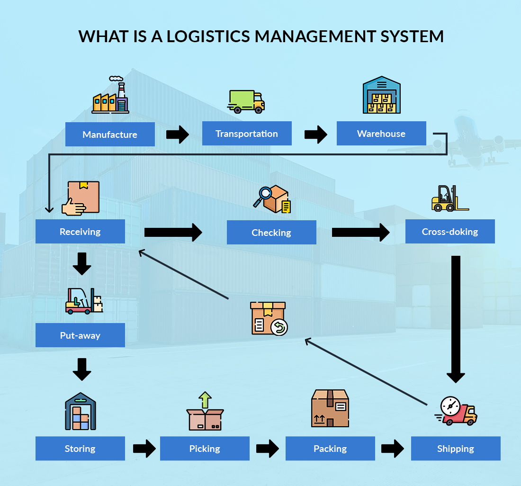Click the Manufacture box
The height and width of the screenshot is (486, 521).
[x=110, y=135]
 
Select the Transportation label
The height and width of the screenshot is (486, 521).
[x=247, y=134]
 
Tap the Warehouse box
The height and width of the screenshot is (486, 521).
[x=381, y=134]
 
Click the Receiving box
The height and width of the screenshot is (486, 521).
[x=80, y=232]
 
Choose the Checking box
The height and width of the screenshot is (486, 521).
[x=271, y=233]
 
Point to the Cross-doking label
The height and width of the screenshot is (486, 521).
[x=450, y=232]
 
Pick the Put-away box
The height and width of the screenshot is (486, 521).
[x=80, y=335]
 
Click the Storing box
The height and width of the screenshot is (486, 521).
[x=80, y=449]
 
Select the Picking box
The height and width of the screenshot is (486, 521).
[x=205, y=449]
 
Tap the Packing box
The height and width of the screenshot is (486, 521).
[x=330, y=449]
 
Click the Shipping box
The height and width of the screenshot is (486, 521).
[x=456, y=449]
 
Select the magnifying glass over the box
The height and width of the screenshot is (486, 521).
[x=265, y=195]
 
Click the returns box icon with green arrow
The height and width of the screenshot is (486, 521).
[x=269, y=318]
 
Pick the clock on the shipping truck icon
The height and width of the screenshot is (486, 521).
[x=449, y=406]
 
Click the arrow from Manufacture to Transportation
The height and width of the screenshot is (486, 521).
[x=178, y=135]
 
